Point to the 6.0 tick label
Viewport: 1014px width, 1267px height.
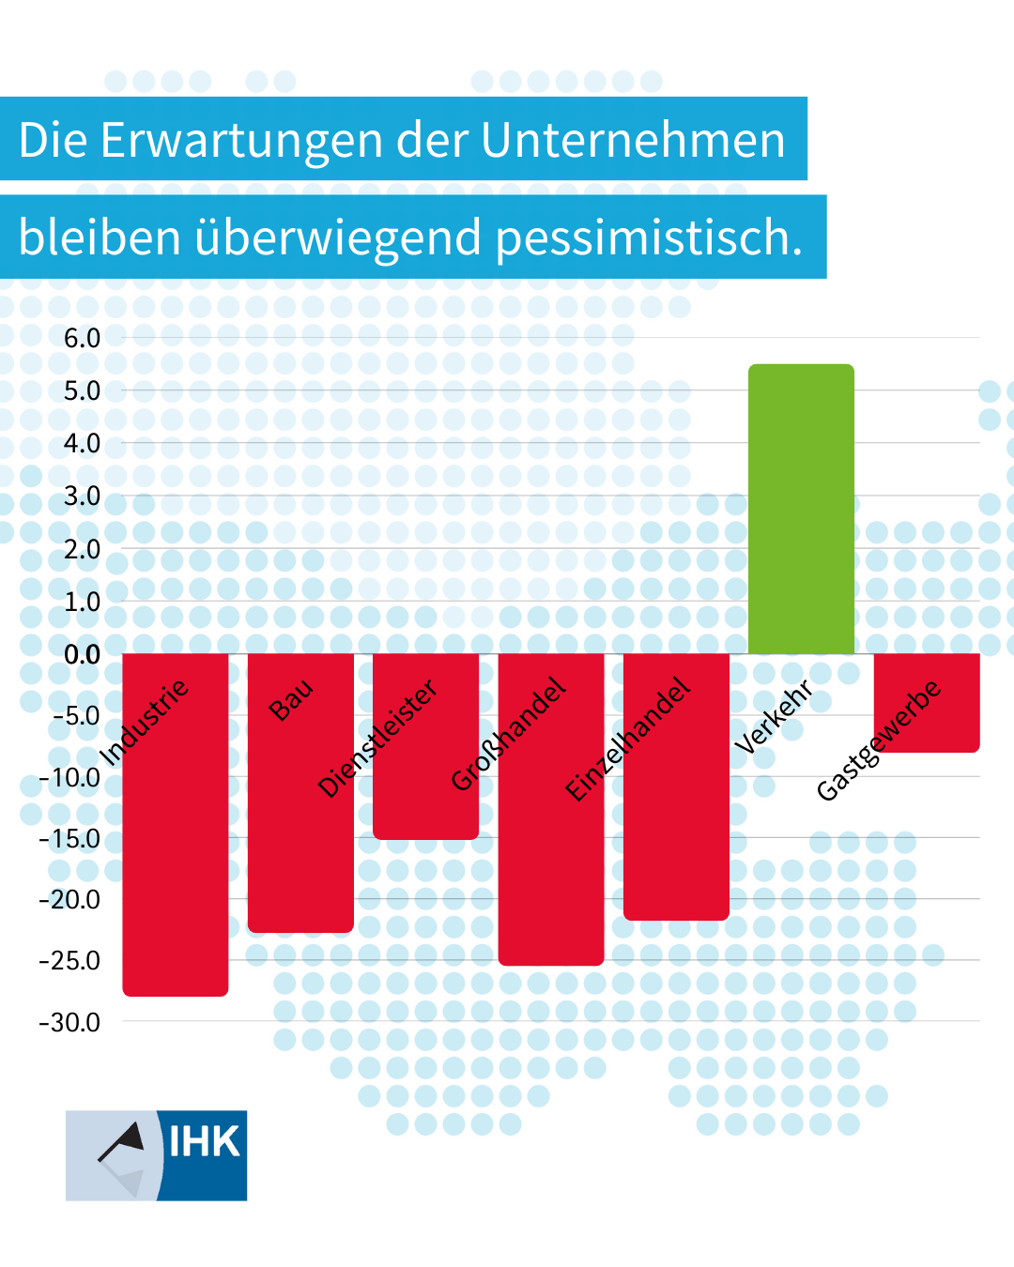(82, 338)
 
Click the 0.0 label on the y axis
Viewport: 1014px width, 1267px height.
(82, 654)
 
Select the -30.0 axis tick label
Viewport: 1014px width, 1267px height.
(69, 1022)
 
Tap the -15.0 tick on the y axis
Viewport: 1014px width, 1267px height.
(69, 838)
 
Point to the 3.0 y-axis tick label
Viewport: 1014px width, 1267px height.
(82, 496)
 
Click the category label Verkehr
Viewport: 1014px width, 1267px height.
(773, 718)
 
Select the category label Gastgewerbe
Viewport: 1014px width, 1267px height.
(878, 740)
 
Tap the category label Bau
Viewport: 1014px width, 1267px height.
(291, 699)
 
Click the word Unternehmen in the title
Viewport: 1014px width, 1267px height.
(633, 141)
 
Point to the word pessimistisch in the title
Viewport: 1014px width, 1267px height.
(649, 238)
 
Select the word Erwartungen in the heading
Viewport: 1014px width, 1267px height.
(241, 141)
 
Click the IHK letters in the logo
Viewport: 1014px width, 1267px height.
(204, 1142)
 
